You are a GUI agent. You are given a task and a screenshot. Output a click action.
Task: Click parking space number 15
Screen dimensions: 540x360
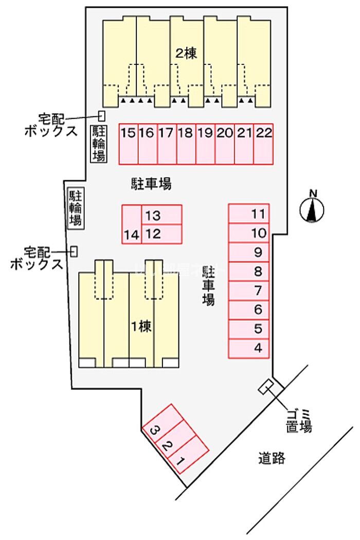point(129,143)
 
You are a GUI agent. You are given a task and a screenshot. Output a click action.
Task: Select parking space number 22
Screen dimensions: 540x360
point(263,143)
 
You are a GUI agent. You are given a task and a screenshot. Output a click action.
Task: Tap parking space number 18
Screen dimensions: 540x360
point(186,143)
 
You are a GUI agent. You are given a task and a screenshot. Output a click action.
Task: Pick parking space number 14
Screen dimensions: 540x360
point(131,224)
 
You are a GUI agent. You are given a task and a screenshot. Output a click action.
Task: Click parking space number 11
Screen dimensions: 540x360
point(249,213)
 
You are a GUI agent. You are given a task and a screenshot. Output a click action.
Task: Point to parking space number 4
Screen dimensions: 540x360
point(249,348)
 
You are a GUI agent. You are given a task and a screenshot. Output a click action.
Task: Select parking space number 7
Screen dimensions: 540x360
point(249,291)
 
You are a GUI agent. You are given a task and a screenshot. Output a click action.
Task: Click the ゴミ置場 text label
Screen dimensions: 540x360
point(299,420)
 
